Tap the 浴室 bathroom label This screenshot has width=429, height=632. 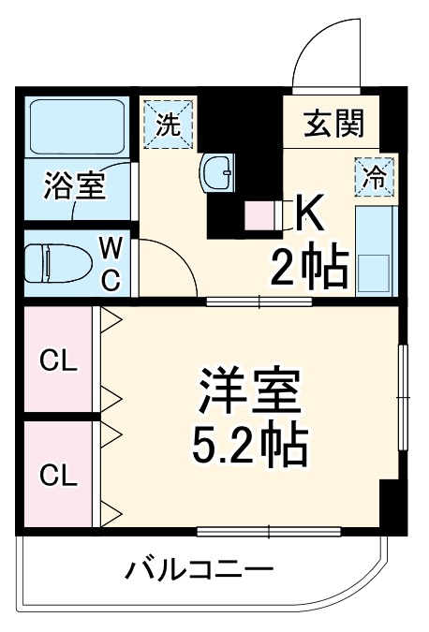click(x=74, y=184)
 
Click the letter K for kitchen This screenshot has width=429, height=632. click(x=310, y=214)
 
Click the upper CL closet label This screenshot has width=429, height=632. click(x=58, y=361)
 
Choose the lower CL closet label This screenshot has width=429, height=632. click(x=58, y=476)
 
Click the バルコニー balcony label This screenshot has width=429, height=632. click(x=200, y=568)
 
